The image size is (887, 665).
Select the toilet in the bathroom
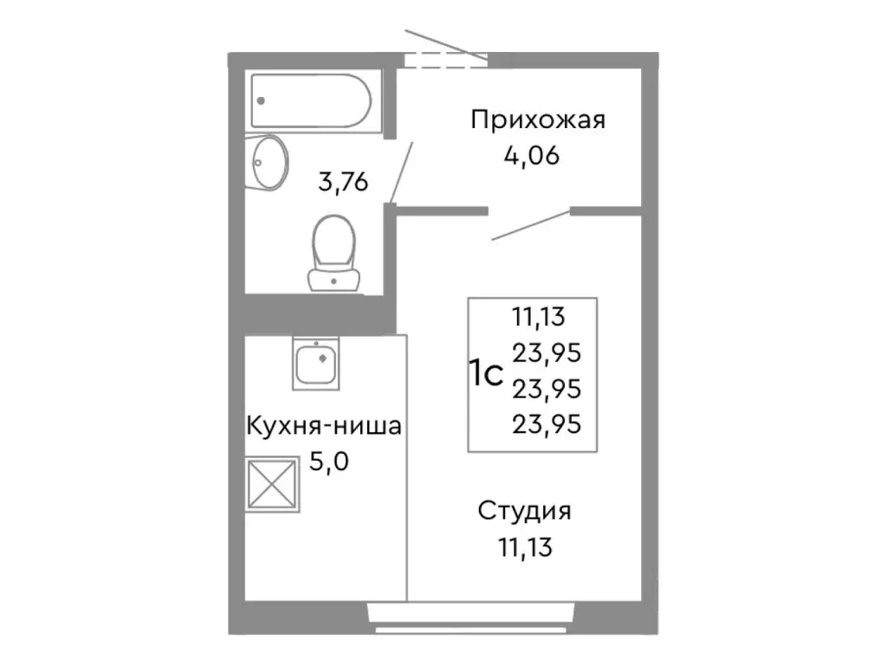(x=334, y=251)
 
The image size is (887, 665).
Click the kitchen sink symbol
(x=316, y=365)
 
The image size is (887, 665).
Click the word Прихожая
(x=537, y=119)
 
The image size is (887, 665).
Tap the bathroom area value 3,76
(x=345, y=183)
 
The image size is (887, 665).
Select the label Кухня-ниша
(x=325, y=426)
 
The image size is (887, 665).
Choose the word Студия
(x=525, y=511)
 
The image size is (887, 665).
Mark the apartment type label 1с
(x=486, y=374)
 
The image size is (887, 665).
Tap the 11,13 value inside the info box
(x=538, y=316)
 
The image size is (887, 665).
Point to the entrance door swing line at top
(x=445, y=45)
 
